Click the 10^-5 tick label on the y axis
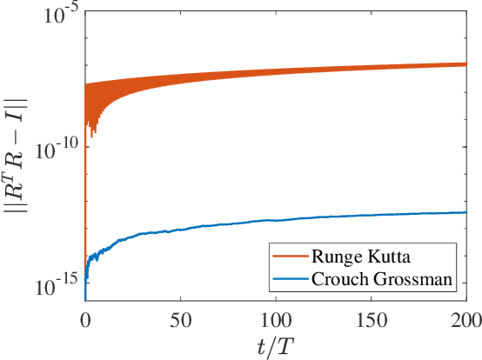coord(58,13)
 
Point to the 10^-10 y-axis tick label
coord(56,150)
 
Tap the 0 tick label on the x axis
coord(85,317)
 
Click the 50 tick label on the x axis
coord(180,317)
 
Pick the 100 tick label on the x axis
coord(276,317)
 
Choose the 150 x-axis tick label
coord(372,317)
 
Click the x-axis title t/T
coord(276,344)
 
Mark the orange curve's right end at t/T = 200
coord(466,64)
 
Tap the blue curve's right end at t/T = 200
coord(466,212)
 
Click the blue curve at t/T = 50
coord(180,230)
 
